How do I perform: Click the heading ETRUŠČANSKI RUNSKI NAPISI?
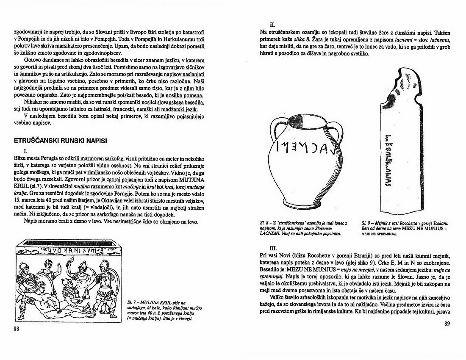tap(62, 141)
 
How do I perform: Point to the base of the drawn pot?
tap(304, 206)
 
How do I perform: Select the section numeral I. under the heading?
tap(26, 150)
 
